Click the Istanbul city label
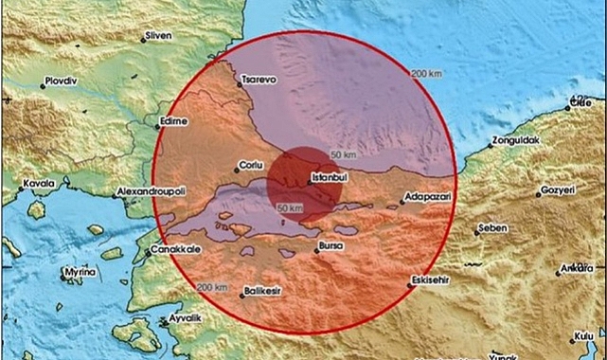coord(331,177)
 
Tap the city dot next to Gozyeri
coord(537,191)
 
